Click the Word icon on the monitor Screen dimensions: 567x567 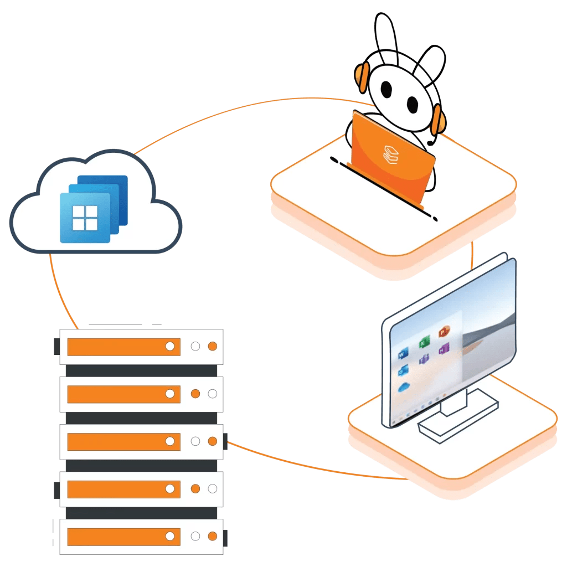403,353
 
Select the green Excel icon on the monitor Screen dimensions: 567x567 423,342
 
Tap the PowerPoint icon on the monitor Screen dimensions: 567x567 444,332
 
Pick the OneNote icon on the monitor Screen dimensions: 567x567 444,349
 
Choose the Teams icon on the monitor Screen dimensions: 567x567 424,360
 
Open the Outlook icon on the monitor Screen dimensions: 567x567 403,370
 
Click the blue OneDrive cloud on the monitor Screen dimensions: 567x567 404,386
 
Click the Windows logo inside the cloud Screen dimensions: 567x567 86,217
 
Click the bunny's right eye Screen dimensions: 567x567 413,103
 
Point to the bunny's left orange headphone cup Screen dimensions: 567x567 363,78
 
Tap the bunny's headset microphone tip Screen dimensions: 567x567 430,143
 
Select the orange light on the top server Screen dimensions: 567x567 212,347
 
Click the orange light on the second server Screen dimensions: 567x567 195,394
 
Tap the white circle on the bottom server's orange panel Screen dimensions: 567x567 171,536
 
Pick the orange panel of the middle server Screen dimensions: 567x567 123,441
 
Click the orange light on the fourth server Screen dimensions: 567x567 195,489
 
